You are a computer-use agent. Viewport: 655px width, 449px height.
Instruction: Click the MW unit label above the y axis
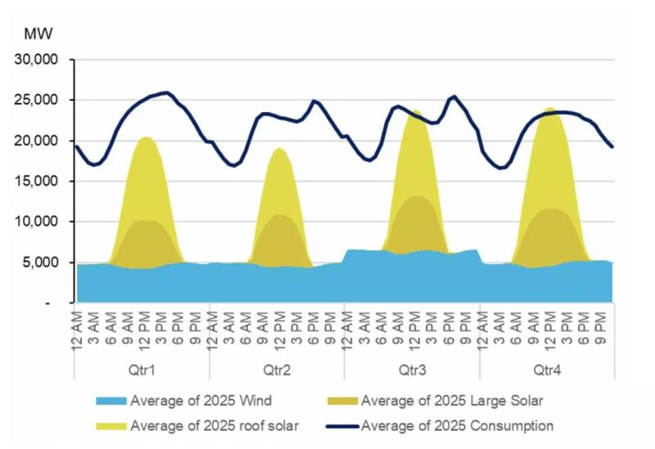(38, 34)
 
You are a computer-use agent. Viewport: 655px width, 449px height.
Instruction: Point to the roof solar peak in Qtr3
(417, 111)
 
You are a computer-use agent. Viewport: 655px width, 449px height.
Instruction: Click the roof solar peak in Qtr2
(279, 149)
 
